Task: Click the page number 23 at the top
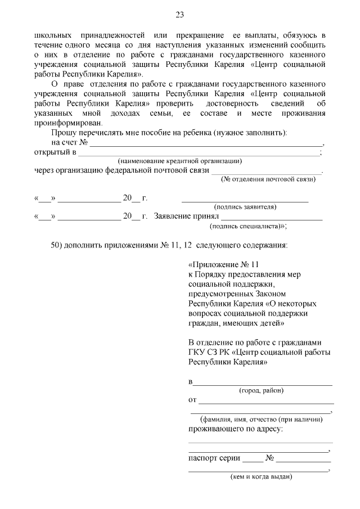tap(180, 15)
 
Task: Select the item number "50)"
tap(58, 245)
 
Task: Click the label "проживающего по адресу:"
tap(235, 429)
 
